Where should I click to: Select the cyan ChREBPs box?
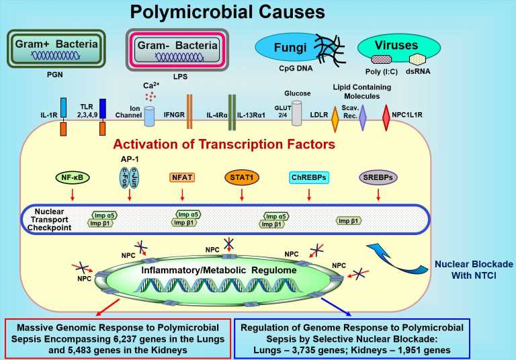click(x=309, y=178)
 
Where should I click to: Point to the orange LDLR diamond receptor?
click(x=335, y=119)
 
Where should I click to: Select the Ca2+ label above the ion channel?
click(x=149, y=85)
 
